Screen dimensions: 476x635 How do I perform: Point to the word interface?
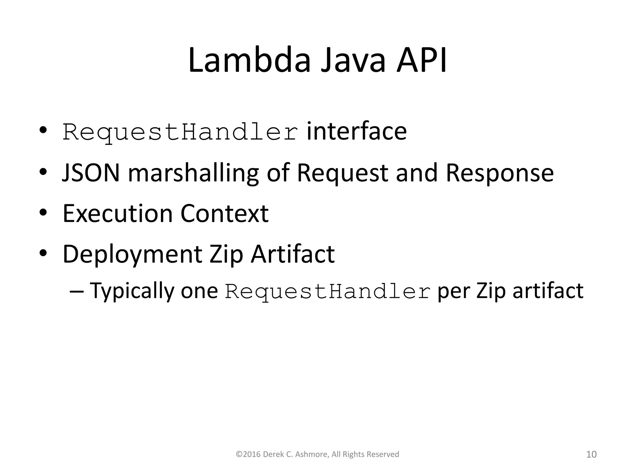coord(357,131)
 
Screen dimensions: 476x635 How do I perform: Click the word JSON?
coord(91,173)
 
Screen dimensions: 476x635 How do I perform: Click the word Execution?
coord(118,214)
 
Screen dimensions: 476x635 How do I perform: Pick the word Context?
coord(224,214)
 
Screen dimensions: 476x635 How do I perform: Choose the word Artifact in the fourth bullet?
coord(293,254)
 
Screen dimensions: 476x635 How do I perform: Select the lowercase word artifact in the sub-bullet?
coord(548,291)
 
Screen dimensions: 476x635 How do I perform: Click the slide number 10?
coord(591,454)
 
